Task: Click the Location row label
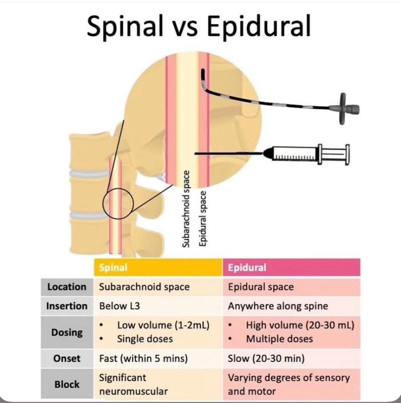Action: [x=67, y=287]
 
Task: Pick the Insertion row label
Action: [x=67, y=306]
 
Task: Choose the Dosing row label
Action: [x=67, y=333]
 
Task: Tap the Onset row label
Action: [x=67, y=359]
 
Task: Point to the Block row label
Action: [x=67, y=385]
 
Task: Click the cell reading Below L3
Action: [x=120, y=306]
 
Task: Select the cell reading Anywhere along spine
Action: [x=278, y=306]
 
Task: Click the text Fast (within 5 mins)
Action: [x=143, y=359]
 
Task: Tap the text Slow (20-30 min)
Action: [x=266, y=359]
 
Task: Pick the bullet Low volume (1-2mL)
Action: [x=163, y=326]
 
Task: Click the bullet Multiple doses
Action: [x=279, y=339]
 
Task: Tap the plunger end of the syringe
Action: [x=346, y=153]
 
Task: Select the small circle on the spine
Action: [x=118, y=203]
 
